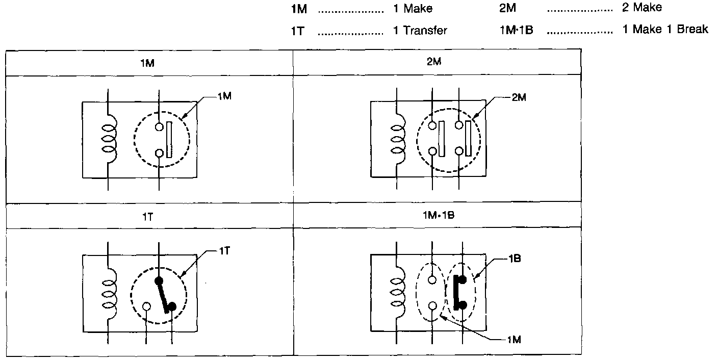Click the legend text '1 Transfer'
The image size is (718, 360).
(420, 31)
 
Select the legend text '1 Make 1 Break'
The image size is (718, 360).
(665, 29)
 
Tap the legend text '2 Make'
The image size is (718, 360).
(642, 7)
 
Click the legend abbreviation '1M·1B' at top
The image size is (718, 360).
(517, 30)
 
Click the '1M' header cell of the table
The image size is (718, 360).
(149, 63)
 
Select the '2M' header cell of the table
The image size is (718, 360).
(437, 62)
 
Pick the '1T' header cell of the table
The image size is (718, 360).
(149, 216)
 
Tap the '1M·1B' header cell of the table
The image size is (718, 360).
(437, 215)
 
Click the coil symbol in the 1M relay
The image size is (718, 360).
(109, 139)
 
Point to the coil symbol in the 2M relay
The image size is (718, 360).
(398, 139)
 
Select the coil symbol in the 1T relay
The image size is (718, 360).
(109, 294)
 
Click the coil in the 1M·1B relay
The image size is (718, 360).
(398, 292)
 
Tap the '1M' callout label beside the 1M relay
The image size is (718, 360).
(224, 96)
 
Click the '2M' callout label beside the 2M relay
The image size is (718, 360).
(519, 97)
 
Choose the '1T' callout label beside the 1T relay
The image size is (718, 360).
(224, 251)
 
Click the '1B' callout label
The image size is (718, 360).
(514, 259)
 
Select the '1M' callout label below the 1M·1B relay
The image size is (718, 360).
(514, 340)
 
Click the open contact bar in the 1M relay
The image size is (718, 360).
(169, 139)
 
